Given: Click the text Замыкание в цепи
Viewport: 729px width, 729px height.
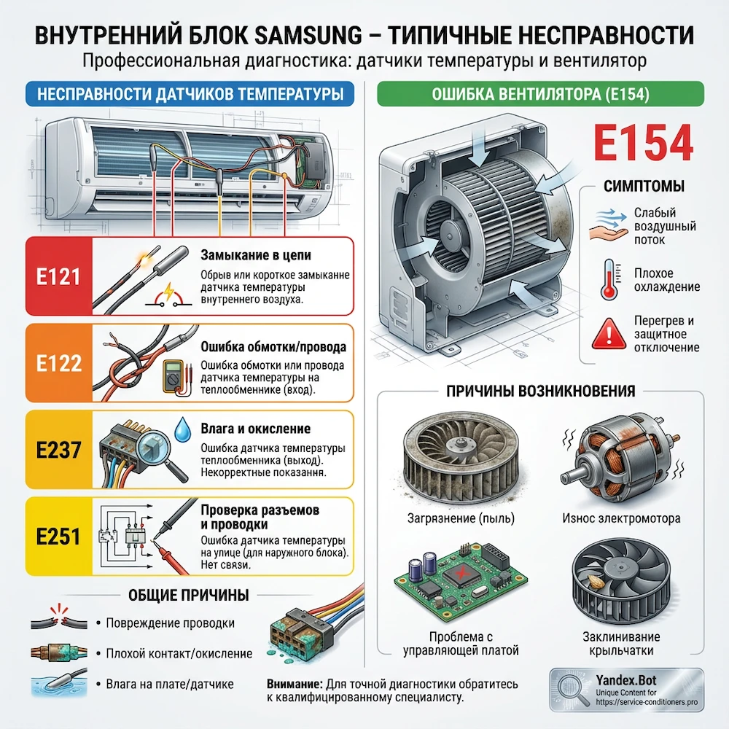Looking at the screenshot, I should pos(254,256).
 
